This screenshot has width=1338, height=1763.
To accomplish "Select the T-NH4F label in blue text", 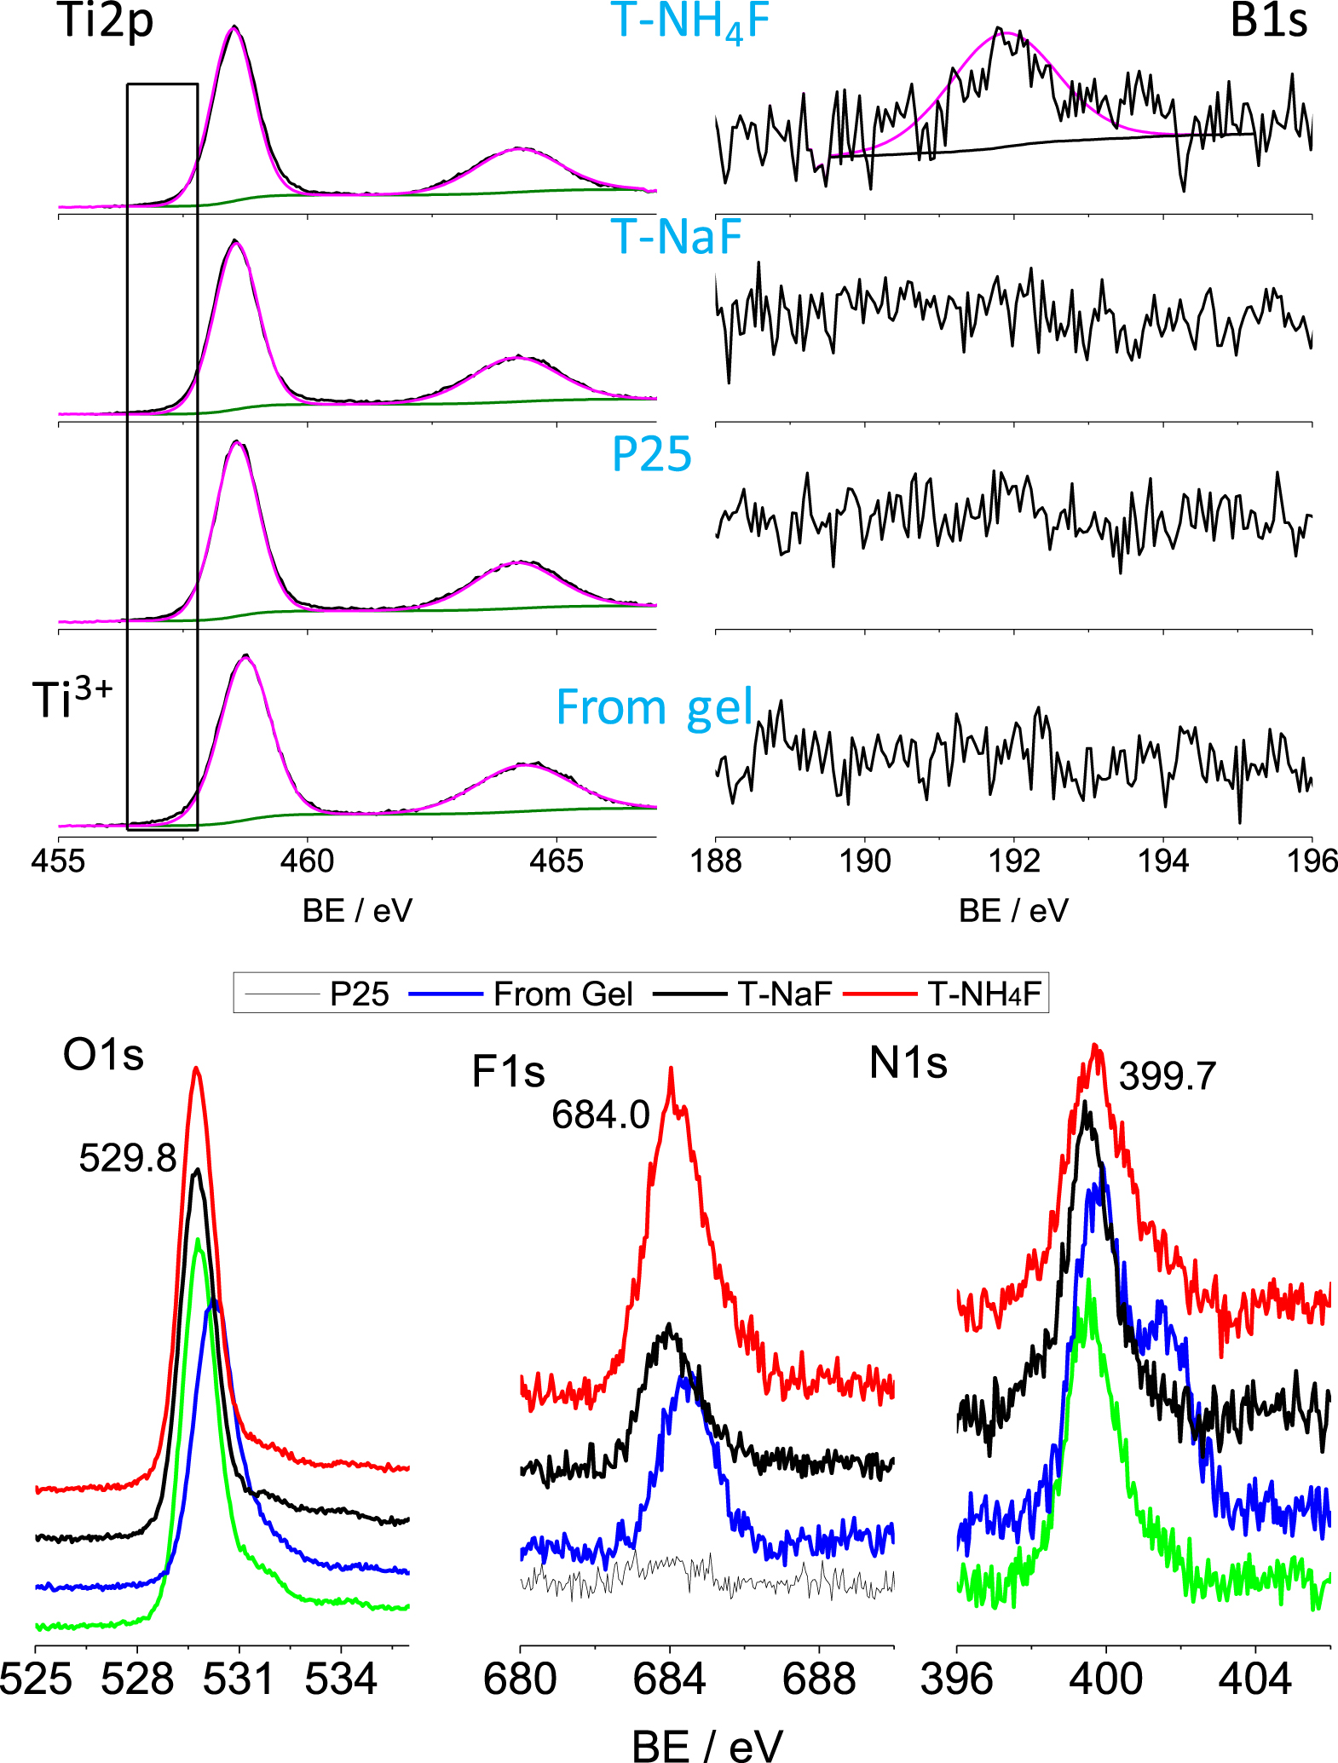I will pos(690,22).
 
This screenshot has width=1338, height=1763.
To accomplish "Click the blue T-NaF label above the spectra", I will pos(677,237).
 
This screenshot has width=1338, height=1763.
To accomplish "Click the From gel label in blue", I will pos(654,707).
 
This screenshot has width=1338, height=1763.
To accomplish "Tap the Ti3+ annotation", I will pos(72,699).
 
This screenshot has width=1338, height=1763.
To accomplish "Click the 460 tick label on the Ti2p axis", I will pos(307,861).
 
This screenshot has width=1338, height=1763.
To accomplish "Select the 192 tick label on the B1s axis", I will pos(1014,861).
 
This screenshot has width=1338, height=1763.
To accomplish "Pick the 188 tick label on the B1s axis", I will pos(716,861).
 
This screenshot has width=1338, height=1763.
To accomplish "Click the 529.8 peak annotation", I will pos(127,1158).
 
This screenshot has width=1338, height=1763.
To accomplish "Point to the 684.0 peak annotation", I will pos(600,1115).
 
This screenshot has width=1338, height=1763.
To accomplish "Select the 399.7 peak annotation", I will pos(1167,1076).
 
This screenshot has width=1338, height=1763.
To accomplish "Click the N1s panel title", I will pos(908,1063).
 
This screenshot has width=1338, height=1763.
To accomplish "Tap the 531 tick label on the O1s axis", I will pos(239,1679).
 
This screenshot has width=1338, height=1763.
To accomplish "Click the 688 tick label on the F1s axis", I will pos(818,1679).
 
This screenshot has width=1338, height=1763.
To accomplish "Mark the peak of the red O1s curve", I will pos(196,1067).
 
